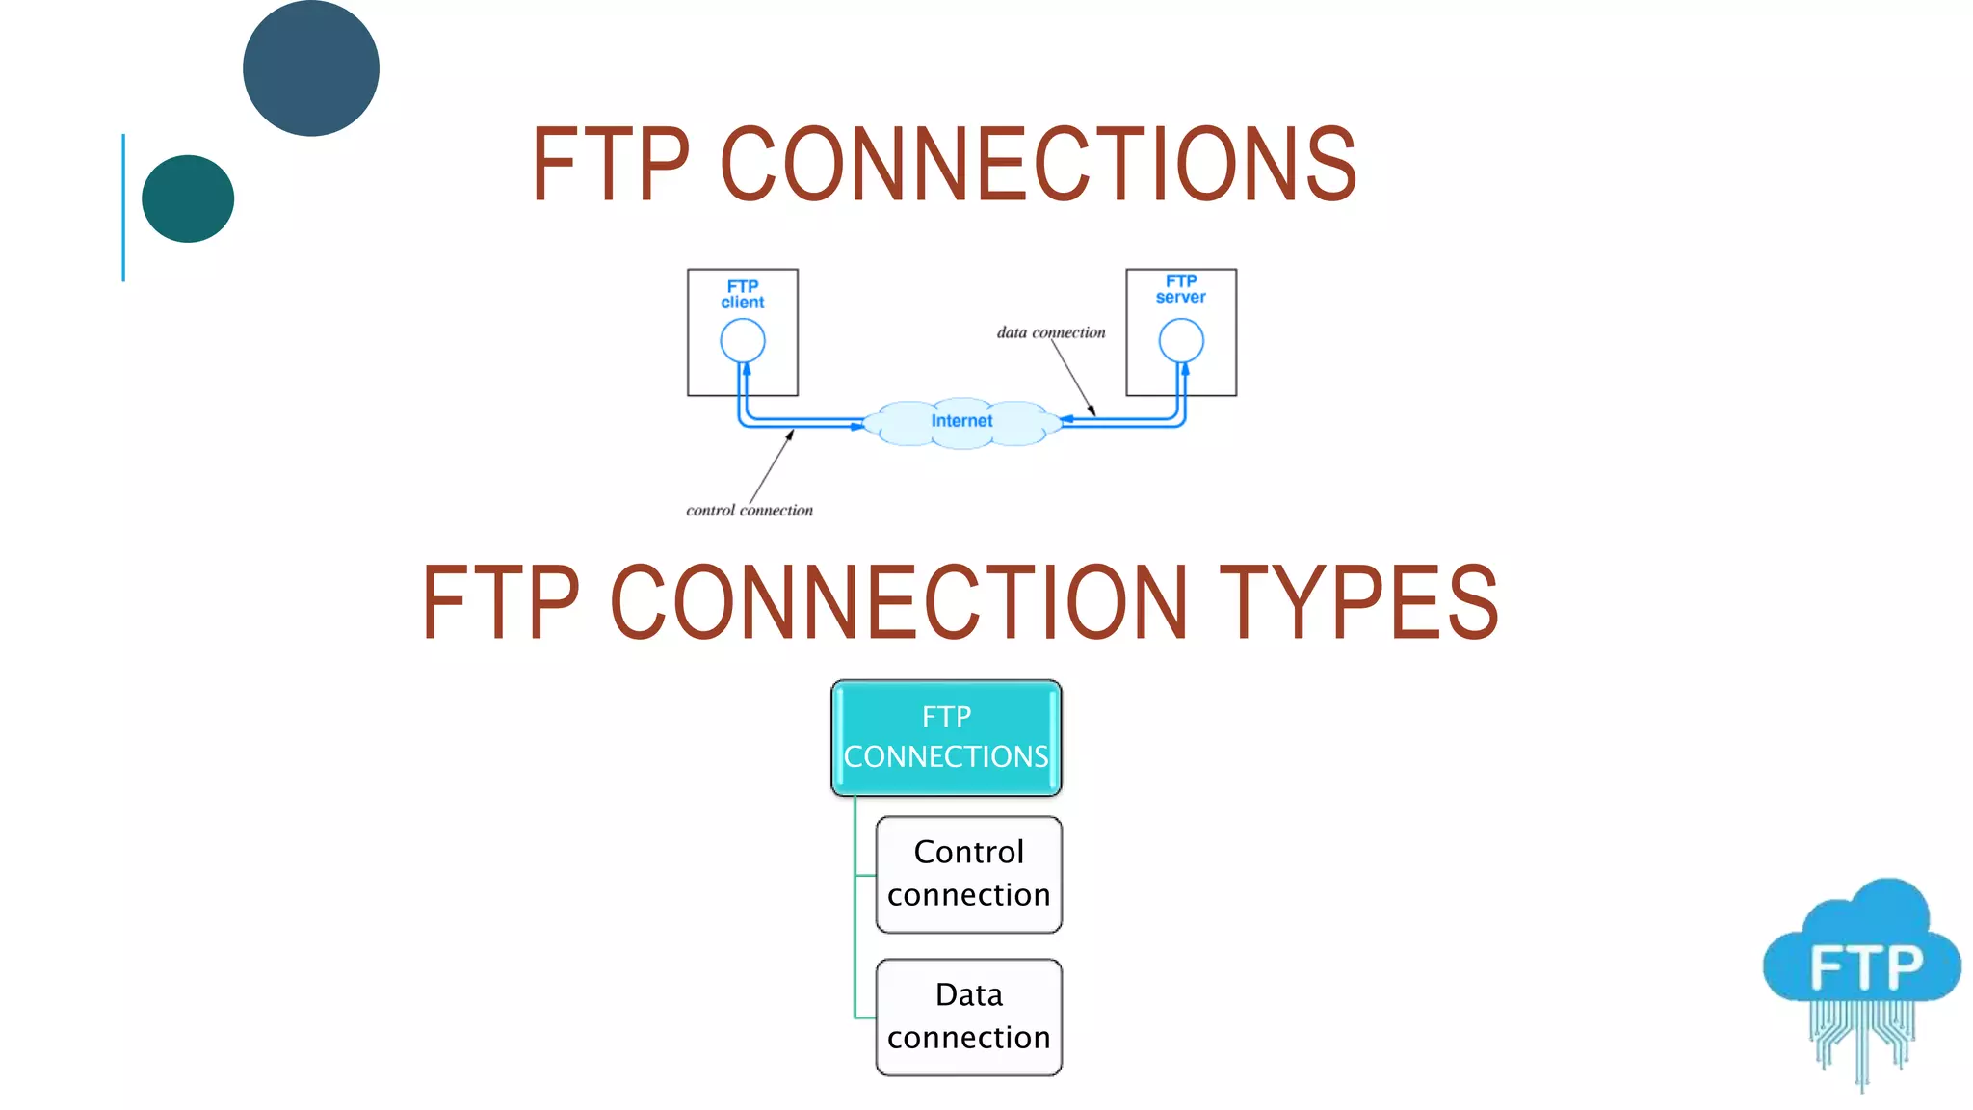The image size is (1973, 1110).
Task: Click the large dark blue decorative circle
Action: pyautogui.click(x=310, y=68)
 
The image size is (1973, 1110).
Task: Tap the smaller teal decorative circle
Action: pyautogui.click(x=188, y=198)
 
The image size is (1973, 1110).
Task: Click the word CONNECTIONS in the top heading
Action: pyautogui.click(x=1039, y=165)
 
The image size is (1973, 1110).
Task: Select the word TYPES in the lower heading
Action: pyautogui.click(x=1358, y=603)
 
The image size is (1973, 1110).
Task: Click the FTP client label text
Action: pyautogui.click(x=743, y=294)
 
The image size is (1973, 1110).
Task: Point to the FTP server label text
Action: pyautogui.click(x=1181, y=289)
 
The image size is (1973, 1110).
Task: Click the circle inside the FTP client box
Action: pyautogui.click(x=743, y=340)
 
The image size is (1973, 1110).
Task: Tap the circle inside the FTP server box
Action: pyautogui.click(x=1181, y=340)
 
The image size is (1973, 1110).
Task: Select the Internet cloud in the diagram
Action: pyautogui.click(x=961, y=422)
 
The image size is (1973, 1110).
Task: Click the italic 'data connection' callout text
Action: pyautogui.click(x=1051, y=332)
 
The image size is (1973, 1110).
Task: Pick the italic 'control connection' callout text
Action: pyautogui.click(x=750, y=511)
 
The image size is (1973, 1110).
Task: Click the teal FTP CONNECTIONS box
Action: pyautogui.click(x=946, y=737)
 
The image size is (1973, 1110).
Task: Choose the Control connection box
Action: pyautogui.click(x=968, y=874)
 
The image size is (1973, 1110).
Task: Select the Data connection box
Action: pyautogui.click(x=968, y=1017)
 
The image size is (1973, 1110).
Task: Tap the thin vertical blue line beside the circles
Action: pyautogui.click(x=123, y=207)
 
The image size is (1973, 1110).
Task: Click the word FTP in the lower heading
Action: pyautogui.click(x=501, y=603)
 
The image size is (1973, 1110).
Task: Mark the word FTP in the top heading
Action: pyautogui.click(x=611, y=165)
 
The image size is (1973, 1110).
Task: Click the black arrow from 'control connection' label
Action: pyautogui.click(x=771, y=466)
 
